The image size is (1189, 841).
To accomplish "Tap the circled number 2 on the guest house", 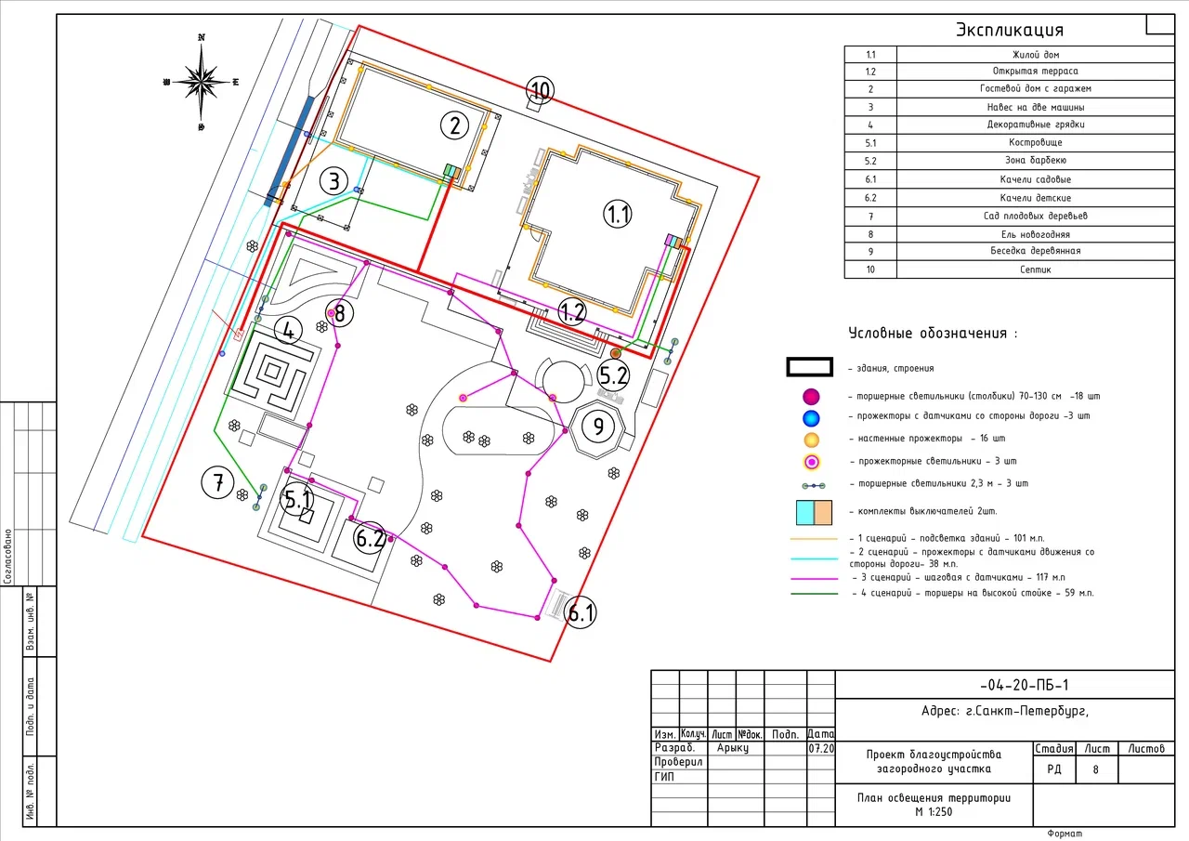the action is [455, 125].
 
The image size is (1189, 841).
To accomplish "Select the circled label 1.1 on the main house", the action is [618, 215].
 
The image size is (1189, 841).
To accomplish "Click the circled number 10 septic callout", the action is [541, 90].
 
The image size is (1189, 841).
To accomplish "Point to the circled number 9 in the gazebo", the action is [599, 427].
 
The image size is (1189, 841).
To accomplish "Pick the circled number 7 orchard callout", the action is [217, 482].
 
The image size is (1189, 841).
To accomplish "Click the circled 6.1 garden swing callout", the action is [581, 612].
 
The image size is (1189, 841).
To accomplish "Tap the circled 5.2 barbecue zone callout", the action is [614, 375].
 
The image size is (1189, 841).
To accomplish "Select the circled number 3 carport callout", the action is [333, 181].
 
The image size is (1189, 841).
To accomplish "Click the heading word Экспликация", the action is [1010, 30].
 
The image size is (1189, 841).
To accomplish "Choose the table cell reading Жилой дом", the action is [1036, 55].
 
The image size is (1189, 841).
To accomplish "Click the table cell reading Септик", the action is [1036, 269].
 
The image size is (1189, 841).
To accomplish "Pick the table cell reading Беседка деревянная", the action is [1036, 251].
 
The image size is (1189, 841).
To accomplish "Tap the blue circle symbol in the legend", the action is [811, 418].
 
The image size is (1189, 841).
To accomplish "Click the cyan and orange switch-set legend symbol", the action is [814, 512].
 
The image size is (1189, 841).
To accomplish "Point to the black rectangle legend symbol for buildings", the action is [809, 367].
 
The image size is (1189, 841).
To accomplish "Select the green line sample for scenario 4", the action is [815, 594].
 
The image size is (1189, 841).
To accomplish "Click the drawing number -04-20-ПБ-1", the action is [1024, 686].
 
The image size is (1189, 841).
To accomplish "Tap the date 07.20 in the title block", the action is [821, 749].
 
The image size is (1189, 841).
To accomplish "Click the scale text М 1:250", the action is [934, 812].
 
